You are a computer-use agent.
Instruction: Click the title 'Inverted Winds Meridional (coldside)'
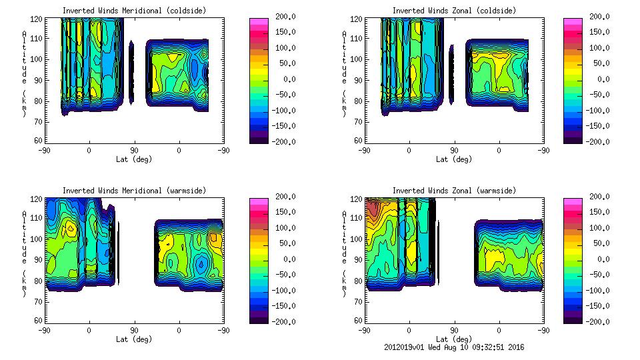click(134, 11)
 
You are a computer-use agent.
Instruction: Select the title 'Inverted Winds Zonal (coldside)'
click(454, 11)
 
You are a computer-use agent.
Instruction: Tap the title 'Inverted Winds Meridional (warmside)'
click(134, 191)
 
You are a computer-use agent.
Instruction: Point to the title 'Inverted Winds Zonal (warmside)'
click(454, 191)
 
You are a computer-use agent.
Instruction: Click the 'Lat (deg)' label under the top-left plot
click(134, 159)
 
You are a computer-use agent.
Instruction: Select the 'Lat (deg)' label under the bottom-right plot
click(454, 339)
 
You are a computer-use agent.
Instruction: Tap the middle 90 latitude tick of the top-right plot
click(454, 151)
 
